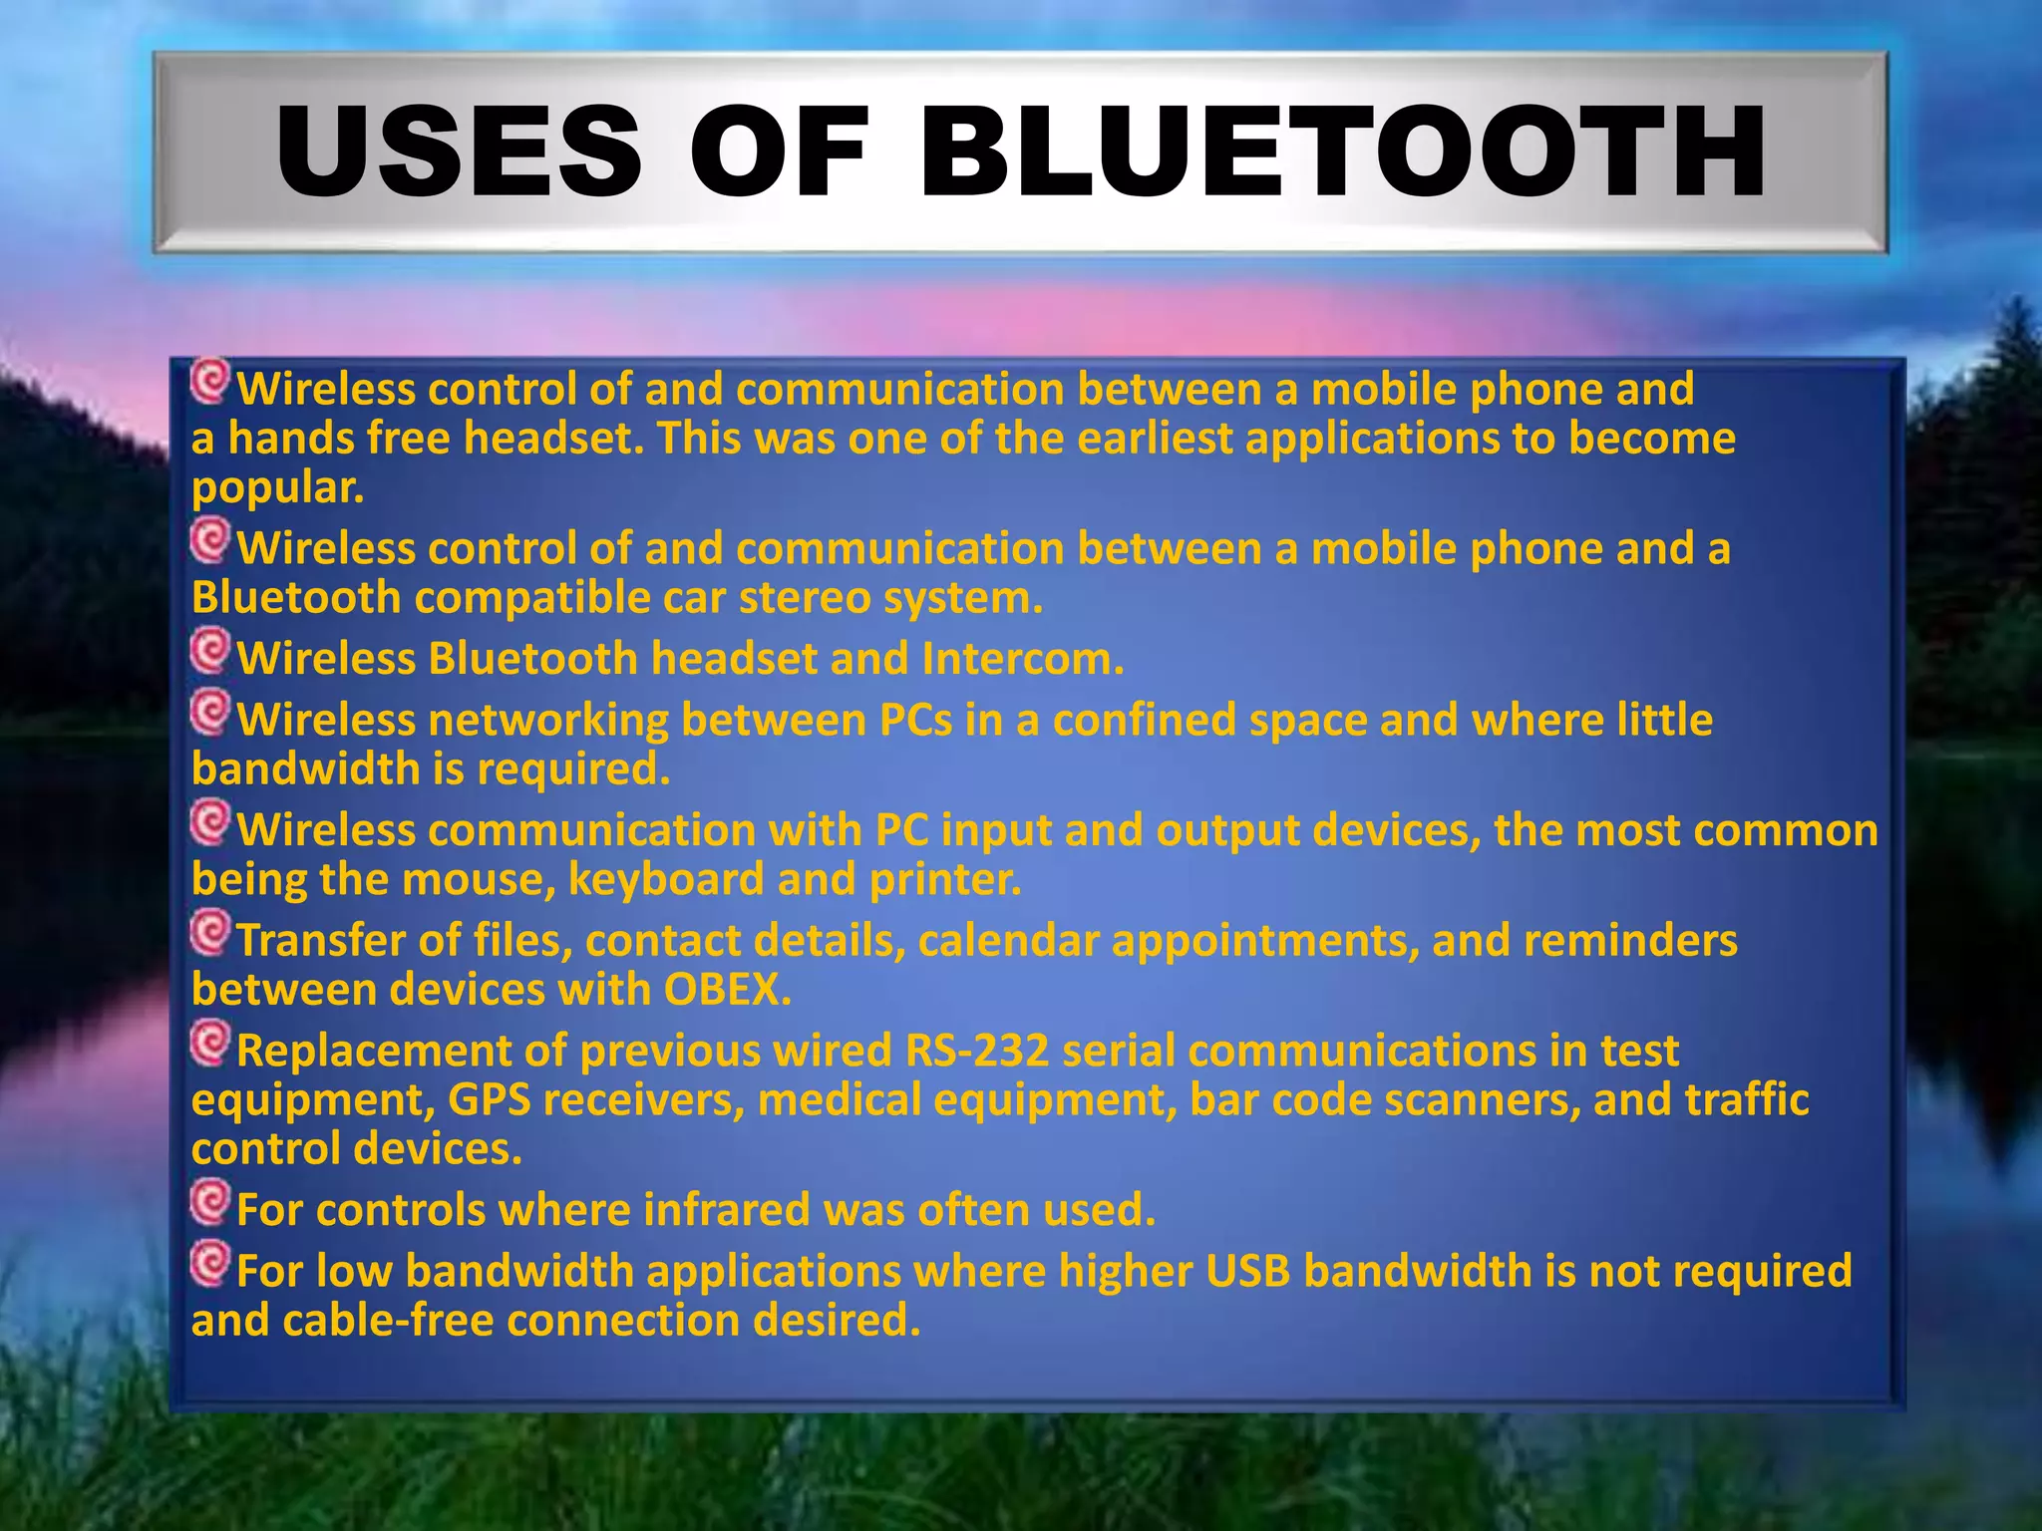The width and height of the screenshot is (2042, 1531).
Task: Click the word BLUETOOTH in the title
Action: [x=1342, y=153]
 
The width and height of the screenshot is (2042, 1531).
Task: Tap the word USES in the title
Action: [x=459, y=153]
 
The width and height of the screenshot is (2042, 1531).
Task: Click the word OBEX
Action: [x=727, y=990]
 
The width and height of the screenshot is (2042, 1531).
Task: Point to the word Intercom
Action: [x=1022, y=659]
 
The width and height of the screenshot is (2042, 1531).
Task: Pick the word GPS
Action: [x=489, y=1100]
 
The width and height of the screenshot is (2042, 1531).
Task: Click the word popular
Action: [x=277, y=488]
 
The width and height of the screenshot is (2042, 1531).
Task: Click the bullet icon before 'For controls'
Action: [x=210, y=1202]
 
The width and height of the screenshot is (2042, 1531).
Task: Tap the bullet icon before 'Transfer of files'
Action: [x=210, y=933]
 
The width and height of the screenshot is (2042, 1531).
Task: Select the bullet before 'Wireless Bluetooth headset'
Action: [x=210, y=651]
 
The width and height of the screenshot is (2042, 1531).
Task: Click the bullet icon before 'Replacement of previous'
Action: [x=210, y=1044]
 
